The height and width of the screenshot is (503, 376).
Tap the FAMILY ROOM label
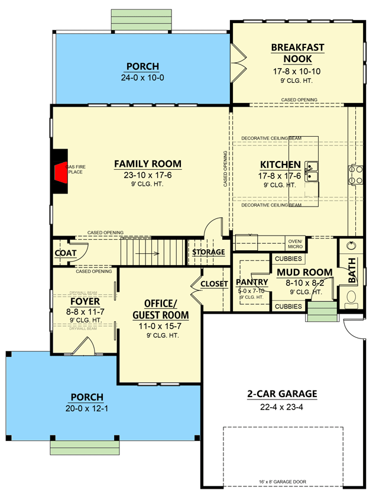click(x=148, y=164)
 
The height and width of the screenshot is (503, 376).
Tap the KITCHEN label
click(x=281, y=165)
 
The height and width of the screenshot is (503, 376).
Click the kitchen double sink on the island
click(x=312, y=172)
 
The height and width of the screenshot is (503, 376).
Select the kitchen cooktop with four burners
click(x=355, y=172)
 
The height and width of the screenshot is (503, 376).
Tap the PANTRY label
click(x=252, y=282)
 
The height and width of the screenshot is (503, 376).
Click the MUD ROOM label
click(x=304, y=272)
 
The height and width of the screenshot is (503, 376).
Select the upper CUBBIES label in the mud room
click(x=288, y=259)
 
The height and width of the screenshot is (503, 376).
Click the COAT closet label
click(x=66, y=253)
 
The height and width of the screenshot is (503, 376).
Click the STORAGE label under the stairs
click(x=209, y=252)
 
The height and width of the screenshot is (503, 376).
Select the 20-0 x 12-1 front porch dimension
click(x=87, y=408)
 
